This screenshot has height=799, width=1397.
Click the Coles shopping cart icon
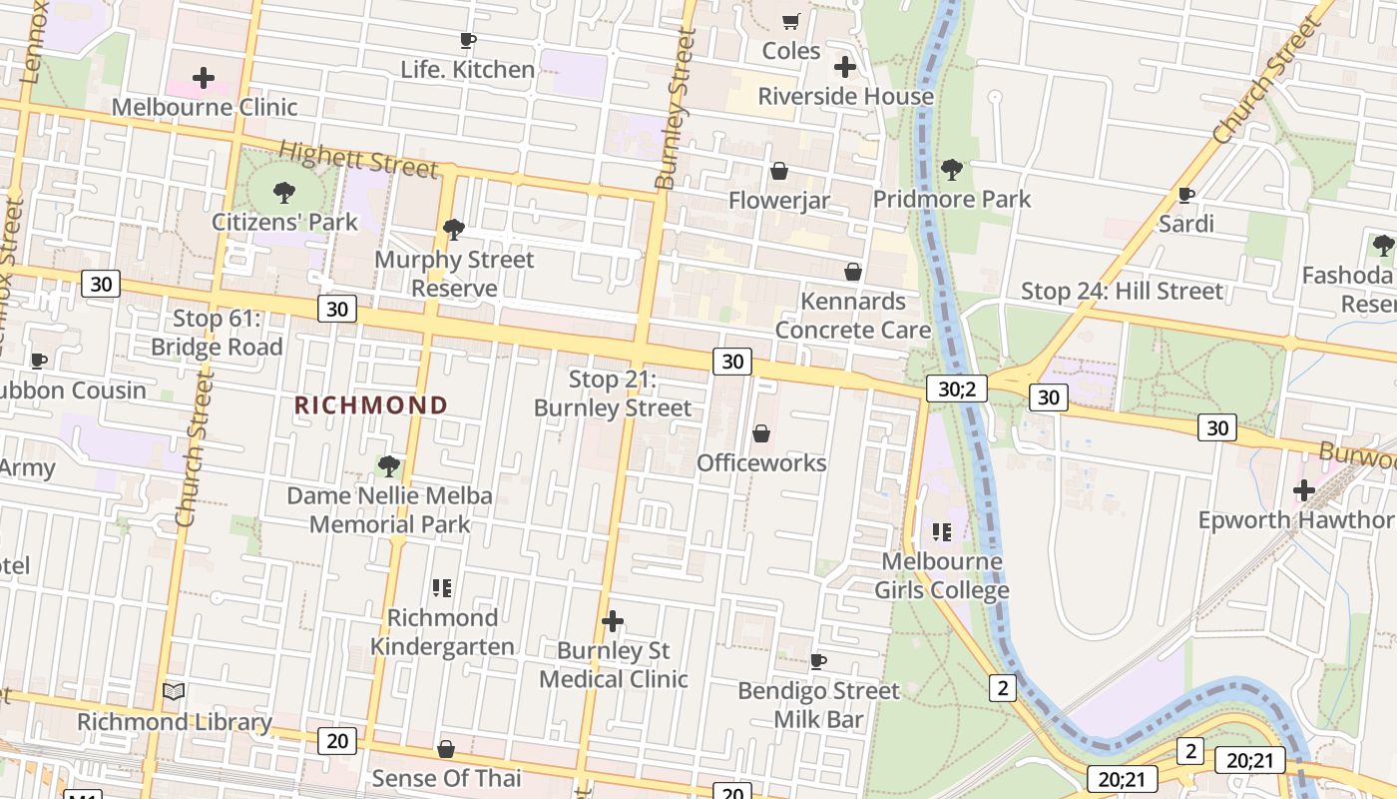point(791,21)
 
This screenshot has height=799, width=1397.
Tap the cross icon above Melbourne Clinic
point(204,78)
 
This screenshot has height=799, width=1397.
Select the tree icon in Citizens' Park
point(284,192)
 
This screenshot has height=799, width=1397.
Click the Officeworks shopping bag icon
point(761,433)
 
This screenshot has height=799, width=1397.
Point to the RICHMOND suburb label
point(371,405)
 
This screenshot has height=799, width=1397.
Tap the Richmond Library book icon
point(174,691)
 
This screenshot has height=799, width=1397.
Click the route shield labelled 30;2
point(956,389)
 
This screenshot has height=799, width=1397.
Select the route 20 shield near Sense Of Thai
point(337,741)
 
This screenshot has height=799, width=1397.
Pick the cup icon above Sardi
point(1186,194)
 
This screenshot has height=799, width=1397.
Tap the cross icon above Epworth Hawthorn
point(1303,490)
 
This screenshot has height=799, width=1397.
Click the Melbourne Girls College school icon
point(942,532)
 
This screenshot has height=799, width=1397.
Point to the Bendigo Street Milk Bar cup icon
point(818,661)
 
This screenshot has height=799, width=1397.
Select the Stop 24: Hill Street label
point(1121,292)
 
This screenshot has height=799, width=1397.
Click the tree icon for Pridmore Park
point(952,169)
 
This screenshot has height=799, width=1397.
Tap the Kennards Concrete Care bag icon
point(853,272)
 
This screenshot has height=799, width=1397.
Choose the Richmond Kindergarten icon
point(442,588)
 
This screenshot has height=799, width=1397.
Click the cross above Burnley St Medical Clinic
point(613,621)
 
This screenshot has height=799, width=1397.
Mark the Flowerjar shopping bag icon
point(779,172)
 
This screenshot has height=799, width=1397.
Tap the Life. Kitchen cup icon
point(467,40)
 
